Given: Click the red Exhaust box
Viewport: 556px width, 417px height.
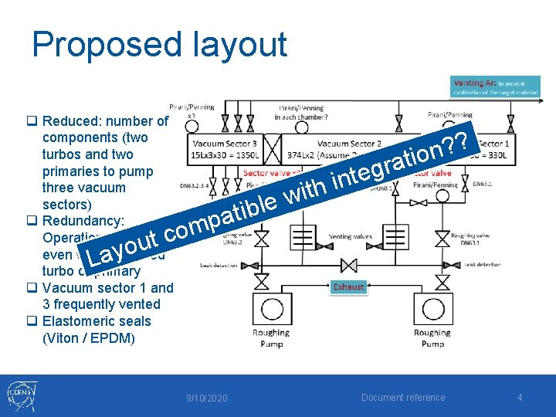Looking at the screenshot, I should (x=348, y=286).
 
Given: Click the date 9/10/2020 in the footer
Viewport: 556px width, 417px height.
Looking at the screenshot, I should (x=207, y=398).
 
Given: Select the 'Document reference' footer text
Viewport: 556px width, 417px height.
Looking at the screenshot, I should (x=403, y=398).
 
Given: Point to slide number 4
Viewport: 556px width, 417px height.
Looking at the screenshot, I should (x=520, y=398).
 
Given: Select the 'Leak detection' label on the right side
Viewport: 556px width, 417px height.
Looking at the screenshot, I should (x=482, y=264).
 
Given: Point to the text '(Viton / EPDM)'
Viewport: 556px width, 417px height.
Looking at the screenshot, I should (x=89, y=337).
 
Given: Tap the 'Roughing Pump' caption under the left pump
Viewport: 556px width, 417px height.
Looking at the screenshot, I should (x=271, y=338).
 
